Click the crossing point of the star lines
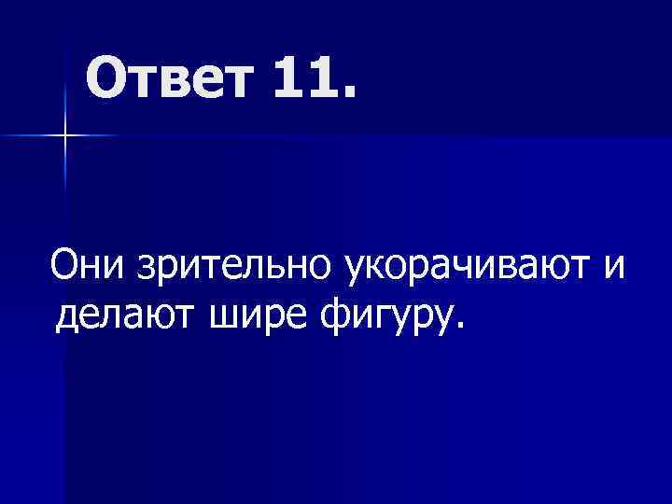click(65, 136)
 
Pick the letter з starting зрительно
click(146, 270)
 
